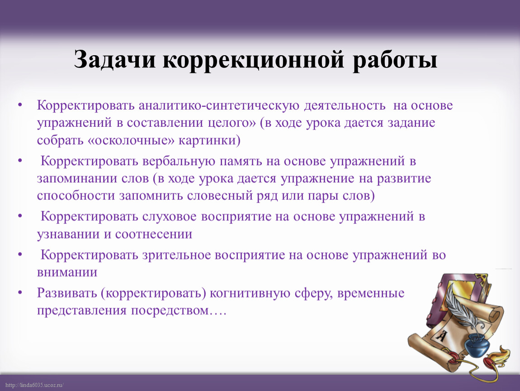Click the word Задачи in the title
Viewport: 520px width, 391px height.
(x=114, y=60)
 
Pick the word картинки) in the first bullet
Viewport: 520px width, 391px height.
(x=209, y=140)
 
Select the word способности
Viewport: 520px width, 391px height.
(x=76, y=196)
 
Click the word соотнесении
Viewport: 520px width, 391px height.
(x=154, y=234)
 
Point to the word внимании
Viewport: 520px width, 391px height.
(x=67, y=272)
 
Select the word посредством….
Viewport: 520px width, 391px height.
(x=179, y=311)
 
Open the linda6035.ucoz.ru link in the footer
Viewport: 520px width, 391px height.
(x=34, y=385)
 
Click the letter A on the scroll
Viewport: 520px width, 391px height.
(x=441, y=336)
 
